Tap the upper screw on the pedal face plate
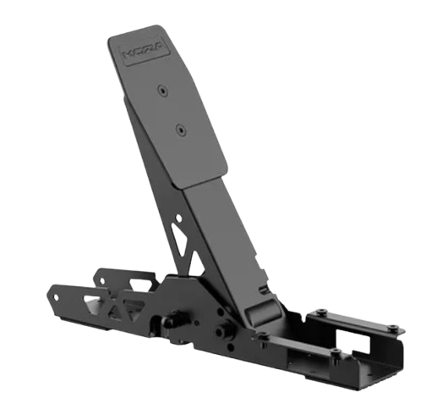161,88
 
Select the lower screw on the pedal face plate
180,130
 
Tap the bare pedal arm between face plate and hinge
218,229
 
